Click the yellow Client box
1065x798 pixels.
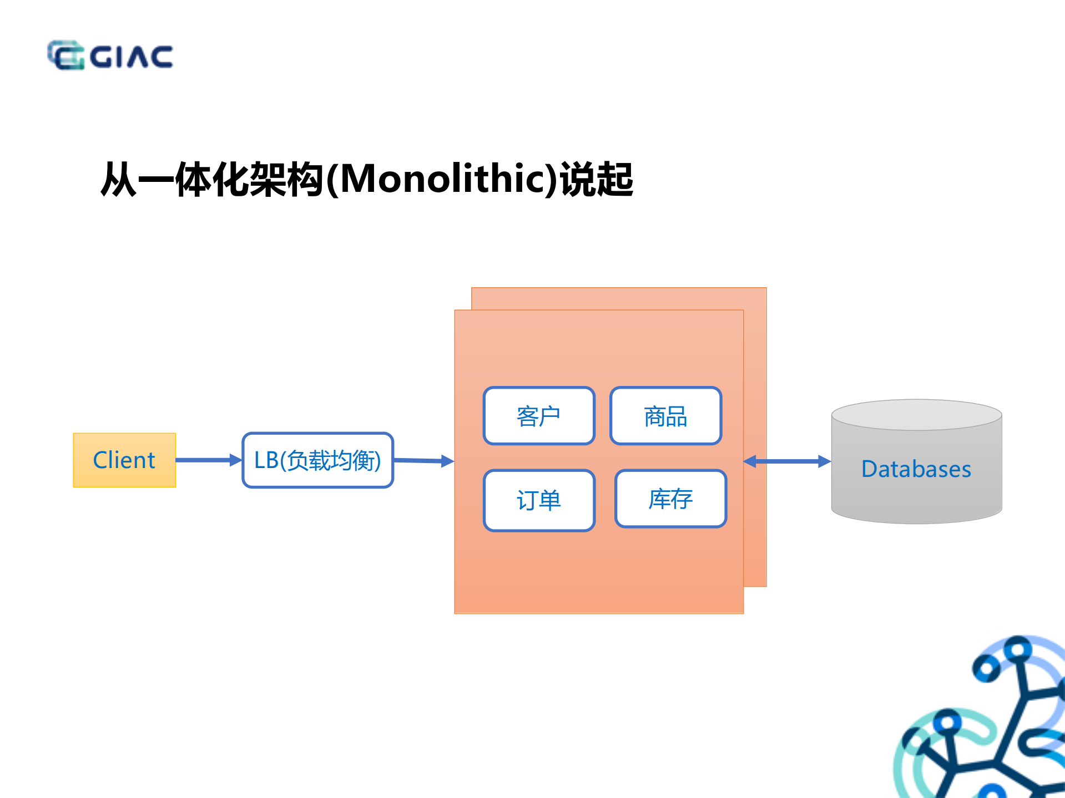124,460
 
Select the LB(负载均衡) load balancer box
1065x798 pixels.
317,460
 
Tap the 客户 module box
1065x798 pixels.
539,416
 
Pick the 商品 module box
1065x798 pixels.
665,416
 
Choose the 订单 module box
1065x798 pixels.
539,500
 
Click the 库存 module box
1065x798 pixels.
670,499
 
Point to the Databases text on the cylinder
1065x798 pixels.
916,469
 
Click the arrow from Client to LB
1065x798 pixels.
205,460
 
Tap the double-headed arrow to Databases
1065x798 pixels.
787,461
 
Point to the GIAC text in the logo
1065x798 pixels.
132,57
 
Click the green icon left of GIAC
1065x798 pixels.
65,55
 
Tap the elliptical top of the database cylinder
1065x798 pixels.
916,415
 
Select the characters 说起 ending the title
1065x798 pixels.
597,180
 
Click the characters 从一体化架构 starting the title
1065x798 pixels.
211,180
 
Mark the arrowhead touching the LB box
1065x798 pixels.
236,460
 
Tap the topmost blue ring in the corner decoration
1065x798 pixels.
1018,648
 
